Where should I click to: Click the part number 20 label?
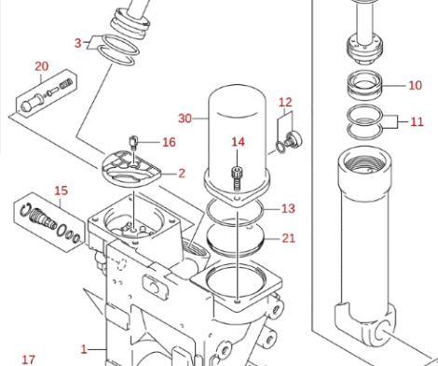tap(42, 66)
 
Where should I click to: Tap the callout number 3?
tap(77, 43)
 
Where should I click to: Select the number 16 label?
tap(169, 142)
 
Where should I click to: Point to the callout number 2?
tap(182, 173)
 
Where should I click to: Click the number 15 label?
tap(61, 190)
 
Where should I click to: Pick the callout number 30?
tap(185, 119)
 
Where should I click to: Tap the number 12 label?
tap(285, 102)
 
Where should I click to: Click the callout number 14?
tap(238, 142)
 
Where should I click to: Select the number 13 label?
tap(288, 208)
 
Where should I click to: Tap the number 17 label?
tap(29, 359)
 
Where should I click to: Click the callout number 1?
tap(84, 349)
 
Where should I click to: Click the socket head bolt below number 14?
tap(237, 178)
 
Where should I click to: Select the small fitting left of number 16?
tap(133, 143)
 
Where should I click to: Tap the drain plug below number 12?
tap(293, 139)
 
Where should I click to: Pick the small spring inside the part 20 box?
tap(66, 83)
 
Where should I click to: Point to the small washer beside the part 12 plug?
tap(281, 148)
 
